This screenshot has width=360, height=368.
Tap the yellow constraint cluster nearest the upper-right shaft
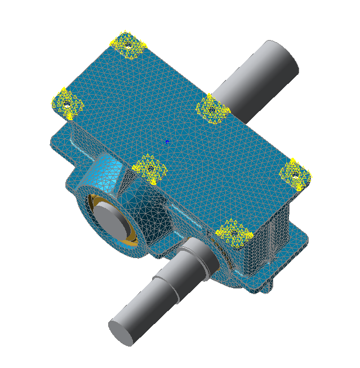click(x=212, y=108)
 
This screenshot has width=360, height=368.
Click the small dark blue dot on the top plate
click(x=167, y=142)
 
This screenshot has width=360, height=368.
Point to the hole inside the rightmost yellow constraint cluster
click(x=294, y=175)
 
